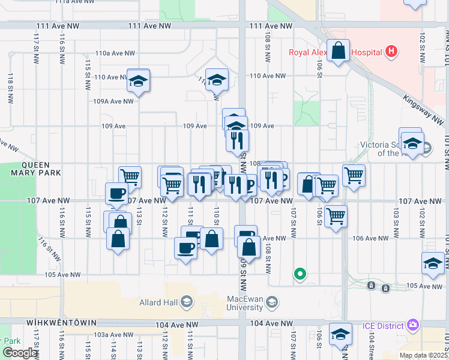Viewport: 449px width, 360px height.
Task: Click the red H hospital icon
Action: click(391, 52)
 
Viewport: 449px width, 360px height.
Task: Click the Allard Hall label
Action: click(157, 302)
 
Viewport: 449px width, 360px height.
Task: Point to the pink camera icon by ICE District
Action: click(412, 325)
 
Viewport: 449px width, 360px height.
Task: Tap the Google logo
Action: click(20, 353)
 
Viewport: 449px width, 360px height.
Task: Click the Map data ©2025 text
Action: click(423, 355)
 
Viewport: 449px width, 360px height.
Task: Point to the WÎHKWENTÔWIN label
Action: click(61, 322)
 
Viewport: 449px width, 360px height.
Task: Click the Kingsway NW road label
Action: click(423, 109)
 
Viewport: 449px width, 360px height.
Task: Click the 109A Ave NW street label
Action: click(113, 101)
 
